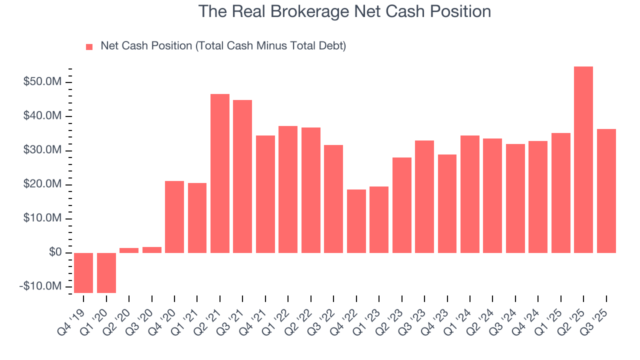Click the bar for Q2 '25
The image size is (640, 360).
[583, 159]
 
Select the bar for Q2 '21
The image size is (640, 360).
[220, 173]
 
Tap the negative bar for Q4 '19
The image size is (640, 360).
[83, 272]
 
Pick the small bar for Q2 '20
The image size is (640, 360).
[129, 250]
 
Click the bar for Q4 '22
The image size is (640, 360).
[356, 221]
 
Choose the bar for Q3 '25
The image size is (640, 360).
[606, 190]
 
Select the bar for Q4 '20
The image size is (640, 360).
[174, 216]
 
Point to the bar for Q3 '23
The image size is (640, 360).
[424, 196]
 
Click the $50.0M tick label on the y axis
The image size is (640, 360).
[43, 82]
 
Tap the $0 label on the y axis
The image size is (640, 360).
[55, 252]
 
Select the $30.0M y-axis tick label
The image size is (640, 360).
[43, 150]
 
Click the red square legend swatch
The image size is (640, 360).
[89, 46]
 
